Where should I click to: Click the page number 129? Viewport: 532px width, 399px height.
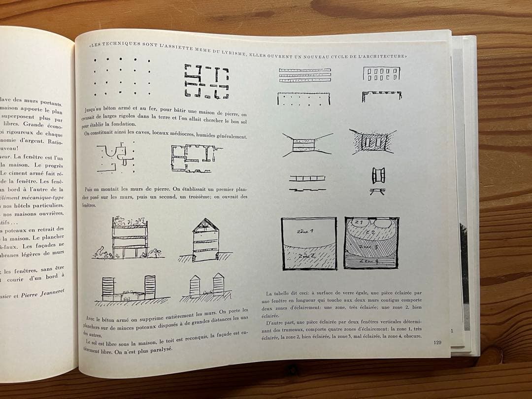[x=437, y=342]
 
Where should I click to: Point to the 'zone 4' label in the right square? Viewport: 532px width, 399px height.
[x=369, y=261]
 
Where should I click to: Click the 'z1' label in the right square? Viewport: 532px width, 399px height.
[x=359, y=223]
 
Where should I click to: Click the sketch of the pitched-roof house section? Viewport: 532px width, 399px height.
[x=205, y=240]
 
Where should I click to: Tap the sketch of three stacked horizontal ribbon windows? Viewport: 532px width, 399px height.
[x=304, y=74]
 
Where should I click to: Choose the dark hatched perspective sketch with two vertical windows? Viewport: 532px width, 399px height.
[x=372, y=142]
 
